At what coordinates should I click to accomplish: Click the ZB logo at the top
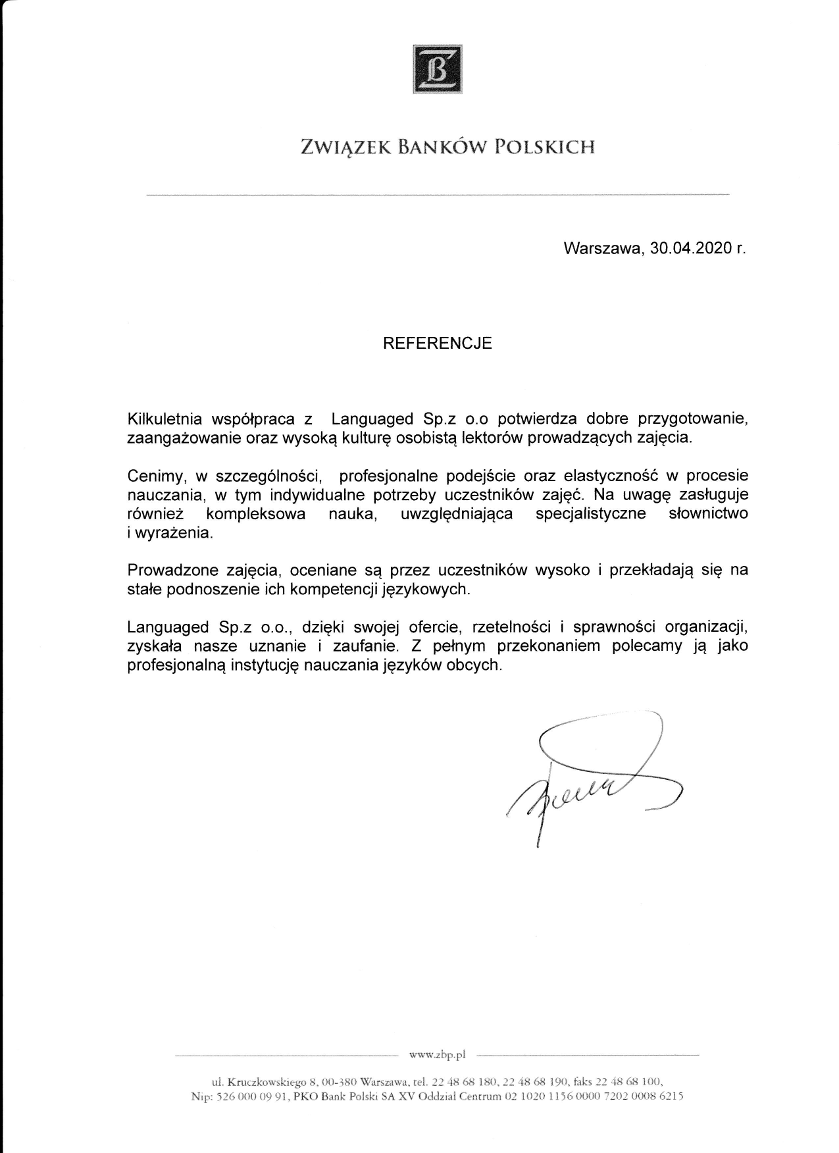[x=437, y=68]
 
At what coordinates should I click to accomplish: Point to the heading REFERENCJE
[x=438, y=343]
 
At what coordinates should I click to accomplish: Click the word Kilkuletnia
[x=165, y=419]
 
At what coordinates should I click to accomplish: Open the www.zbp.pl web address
[x=437, y=1055]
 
